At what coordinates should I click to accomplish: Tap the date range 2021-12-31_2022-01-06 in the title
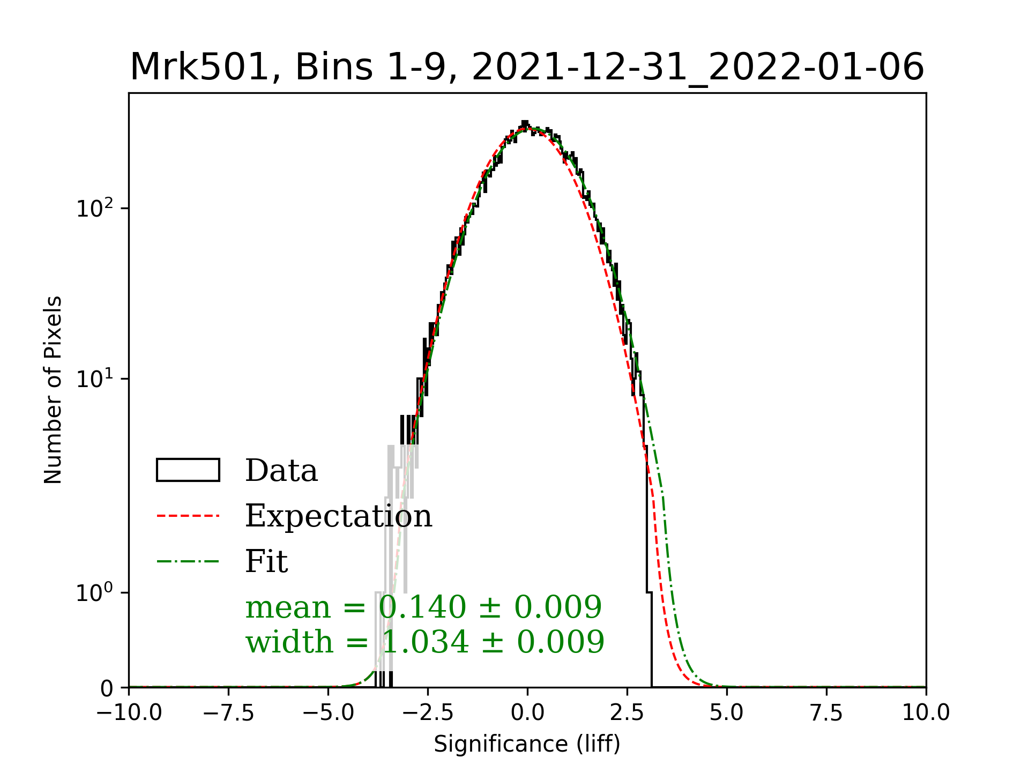point(698,68)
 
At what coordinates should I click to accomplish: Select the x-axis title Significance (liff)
point(527,744)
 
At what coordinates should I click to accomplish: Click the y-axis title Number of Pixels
point(53,390)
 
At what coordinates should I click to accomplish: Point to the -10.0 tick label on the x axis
point(129,712)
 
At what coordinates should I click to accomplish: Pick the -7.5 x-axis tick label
point(229,712)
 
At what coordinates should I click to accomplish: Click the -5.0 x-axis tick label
point(328,712)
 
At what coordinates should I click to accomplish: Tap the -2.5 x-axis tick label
point(428,712)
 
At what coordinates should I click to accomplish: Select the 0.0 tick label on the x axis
point(527,712)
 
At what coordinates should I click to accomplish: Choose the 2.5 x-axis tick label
point(627,712)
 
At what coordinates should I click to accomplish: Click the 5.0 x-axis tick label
point(727,712)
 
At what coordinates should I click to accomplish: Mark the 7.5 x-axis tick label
point(826,712)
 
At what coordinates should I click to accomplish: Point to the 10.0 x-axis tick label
point(926,712)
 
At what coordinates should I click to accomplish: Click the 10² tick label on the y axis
point(95,207)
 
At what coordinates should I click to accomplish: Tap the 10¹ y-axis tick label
point(95,378)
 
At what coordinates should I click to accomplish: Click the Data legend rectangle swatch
point(188,470)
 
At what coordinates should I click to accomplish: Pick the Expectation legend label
point(338,516)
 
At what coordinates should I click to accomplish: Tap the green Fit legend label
point(266,561)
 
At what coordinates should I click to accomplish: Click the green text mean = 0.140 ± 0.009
point(423,607)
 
